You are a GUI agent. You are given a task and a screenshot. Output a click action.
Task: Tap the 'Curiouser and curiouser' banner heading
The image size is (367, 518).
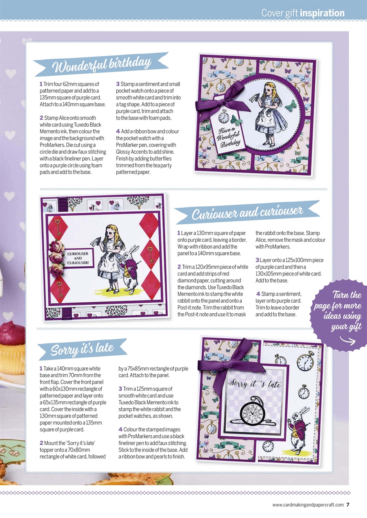(247, 212)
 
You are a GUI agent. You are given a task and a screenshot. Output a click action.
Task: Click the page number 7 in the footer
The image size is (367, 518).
(348, 504)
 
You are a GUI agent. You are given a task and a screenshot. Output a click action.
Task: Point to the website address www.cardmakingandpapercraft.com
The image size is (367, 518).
(308, 505)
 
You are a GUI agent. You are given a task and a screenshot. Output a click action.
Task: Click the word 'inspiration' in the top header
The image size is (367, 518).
(322, 13)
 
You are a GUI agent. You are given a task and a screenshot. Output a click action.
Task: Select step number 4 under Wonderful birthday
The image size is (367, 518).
(117, 132)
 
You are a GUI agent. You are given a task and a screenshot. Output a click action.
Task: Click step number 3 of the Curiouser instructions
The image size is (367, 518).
(257, 260)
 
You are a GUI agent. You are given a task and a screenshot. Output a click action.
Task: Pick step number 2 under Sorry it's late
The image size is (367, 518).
(41, 443)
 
